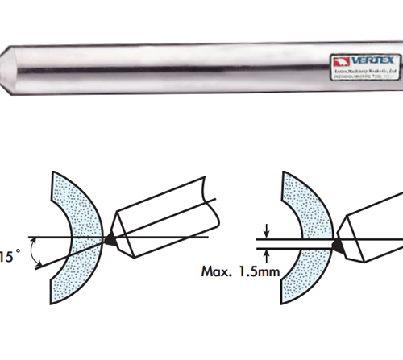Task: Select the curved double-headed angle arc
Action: [x=34, y=252]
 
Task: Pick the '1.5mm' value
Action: [x=257, y=271]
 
